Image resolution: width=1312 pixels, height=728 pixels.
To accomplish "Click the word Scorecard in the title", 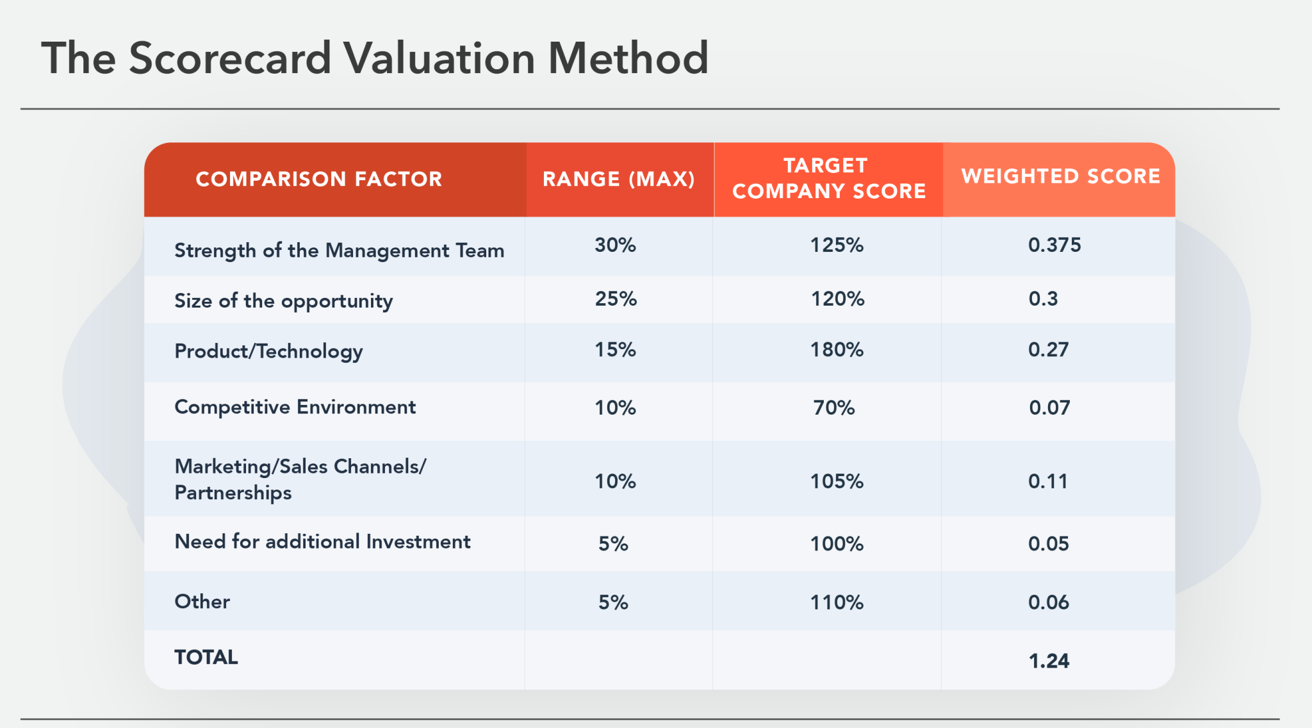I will (229, 58).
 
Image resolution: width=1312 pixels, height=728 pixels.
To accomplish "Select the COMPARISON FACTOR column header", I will (318, 179).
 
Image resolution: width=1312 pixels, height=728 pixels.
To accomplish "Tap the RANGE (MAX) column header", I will (619, 179).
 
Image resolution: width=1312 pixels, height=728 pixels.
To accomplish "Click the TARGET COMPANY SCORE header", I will (828, 178).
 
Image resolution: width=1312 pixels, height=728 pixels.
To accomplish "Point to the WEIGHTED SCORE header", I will (1061, 176).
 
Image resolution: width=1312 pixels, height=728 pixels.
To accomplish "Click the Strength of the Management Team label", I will (339, 251).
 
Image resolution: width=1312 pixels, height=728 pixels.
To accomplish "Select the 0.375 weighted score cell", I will (1054, 245).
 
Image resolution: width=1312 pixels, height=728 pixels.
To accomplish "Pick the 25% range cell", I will (616, 299).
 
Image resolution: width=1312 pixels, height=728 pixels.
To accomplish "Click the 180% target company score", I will (837, 350).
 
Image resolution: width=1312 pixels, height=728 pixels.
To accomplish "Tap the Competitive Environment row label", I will (295, 407).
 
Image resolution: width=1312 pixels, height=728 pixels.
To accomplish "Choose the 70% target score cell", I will (834, 408).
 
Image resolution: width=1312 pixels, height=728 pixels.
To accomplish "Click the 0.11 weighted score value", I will (1048, 481).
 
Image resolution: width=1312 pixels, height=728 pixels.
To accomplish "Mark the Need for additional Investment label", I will (322, 542).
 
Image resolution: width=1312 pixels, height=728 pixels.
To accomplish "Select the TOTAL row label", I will (206, 658).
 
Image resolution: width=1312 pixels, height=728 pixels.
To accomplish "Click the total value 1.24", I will (1049, 661).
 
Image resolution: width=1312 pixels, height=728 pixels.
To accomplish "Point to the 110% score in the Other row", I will (837, 602).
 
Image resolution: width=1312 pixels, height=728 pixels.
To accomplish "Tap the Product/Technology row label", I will (268, 351).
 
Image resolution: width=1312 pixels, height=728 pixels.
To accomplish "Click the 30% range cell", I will (615, 245).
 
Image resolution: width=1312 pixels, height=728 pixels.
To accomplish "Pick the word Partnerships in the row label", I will (233, 493).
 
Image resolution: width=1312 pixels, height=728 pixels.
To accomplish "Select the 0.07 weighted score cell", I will (1049, 408).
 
